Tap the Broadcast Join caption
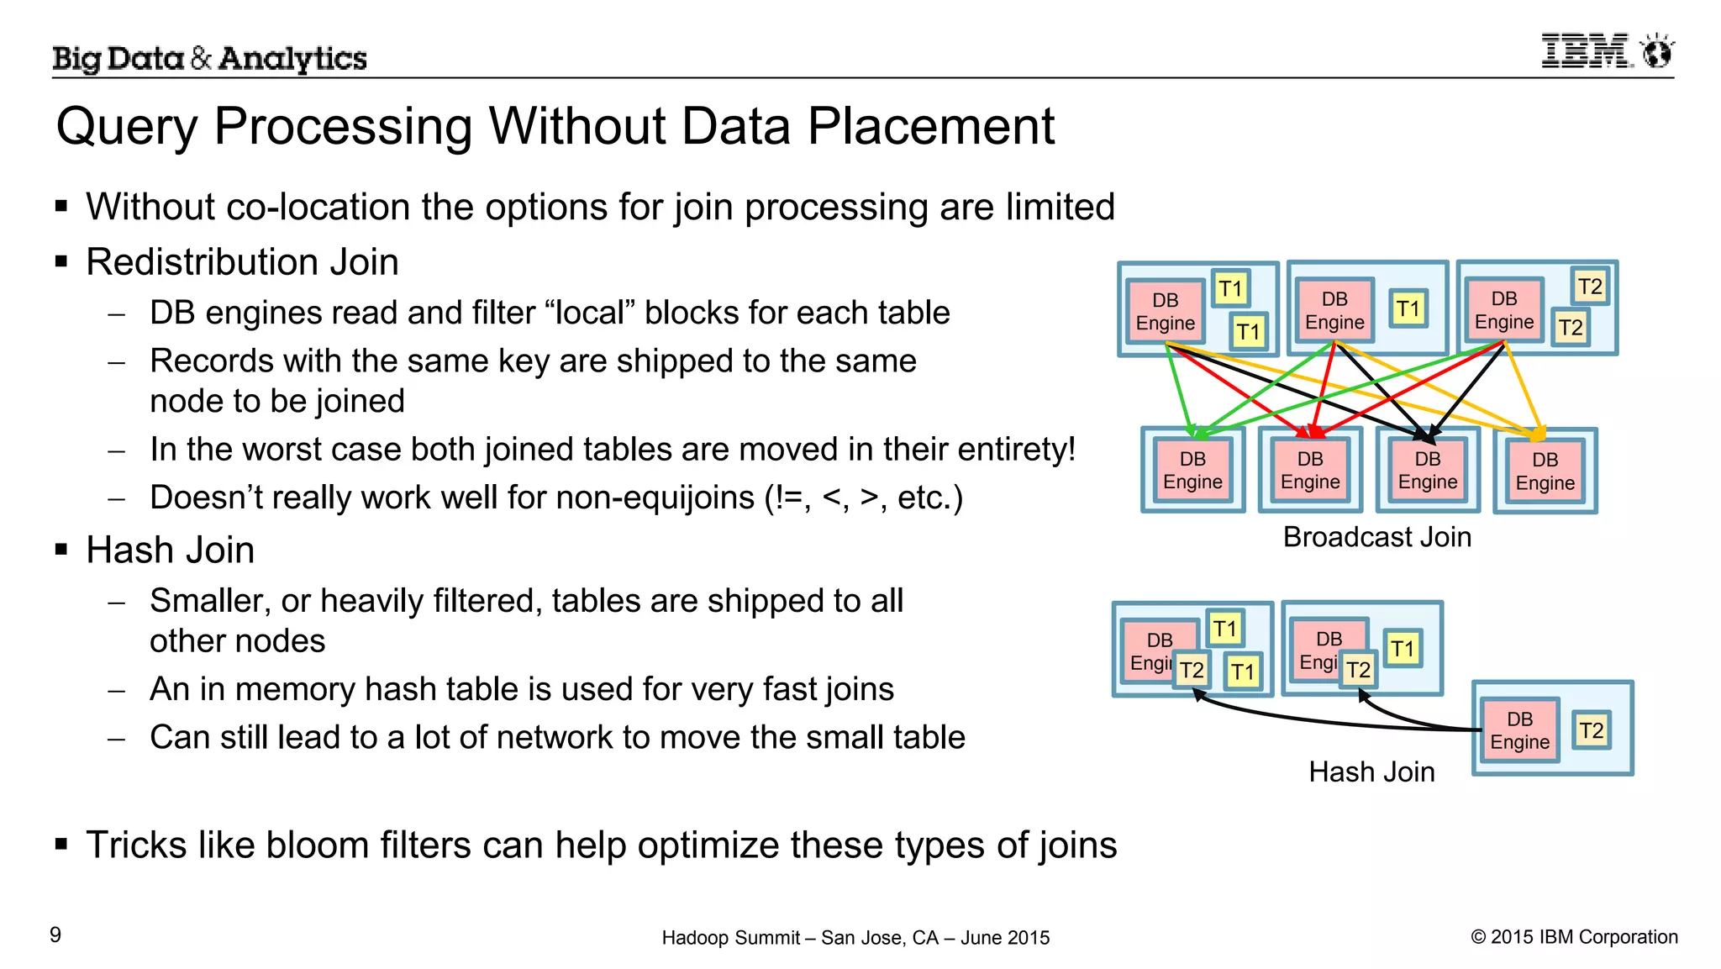pyautogui.click(x=1376, y=537)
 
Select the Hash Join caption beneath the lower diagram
pyautogui.click(x=1371, y=772)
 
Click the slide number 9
pyautogui.click(x=55, y=935)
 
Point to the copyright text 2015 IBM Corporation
pyautogui.click(x=1574, y=937)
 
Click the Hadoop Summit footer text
pyautogui.click(x=855, y=938)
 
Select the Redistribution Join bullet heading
pyautogui.click(x=242, y=262)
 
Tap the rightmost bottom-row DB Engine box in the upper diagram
pyautogui.click(x=1545, y=471)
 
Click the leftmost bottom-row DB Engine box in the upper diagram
pyautogui.click(x=1192, y=471)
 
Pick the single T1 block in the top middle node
pyautogui.click(x=1408, y=309)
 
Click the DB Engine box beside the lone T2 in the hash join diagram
pyautogui.click(x=1519, y=731)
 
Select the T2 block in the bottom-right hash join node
pyautogui.click(x=1591, y=730)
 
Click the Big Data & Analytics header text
pyautogui.click(x=209, y=58)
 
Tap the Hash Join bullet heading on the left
pyautogui.click(x=170, y=550)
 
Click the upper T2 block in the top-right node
pyautogui.click(x=1590, y=287)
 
